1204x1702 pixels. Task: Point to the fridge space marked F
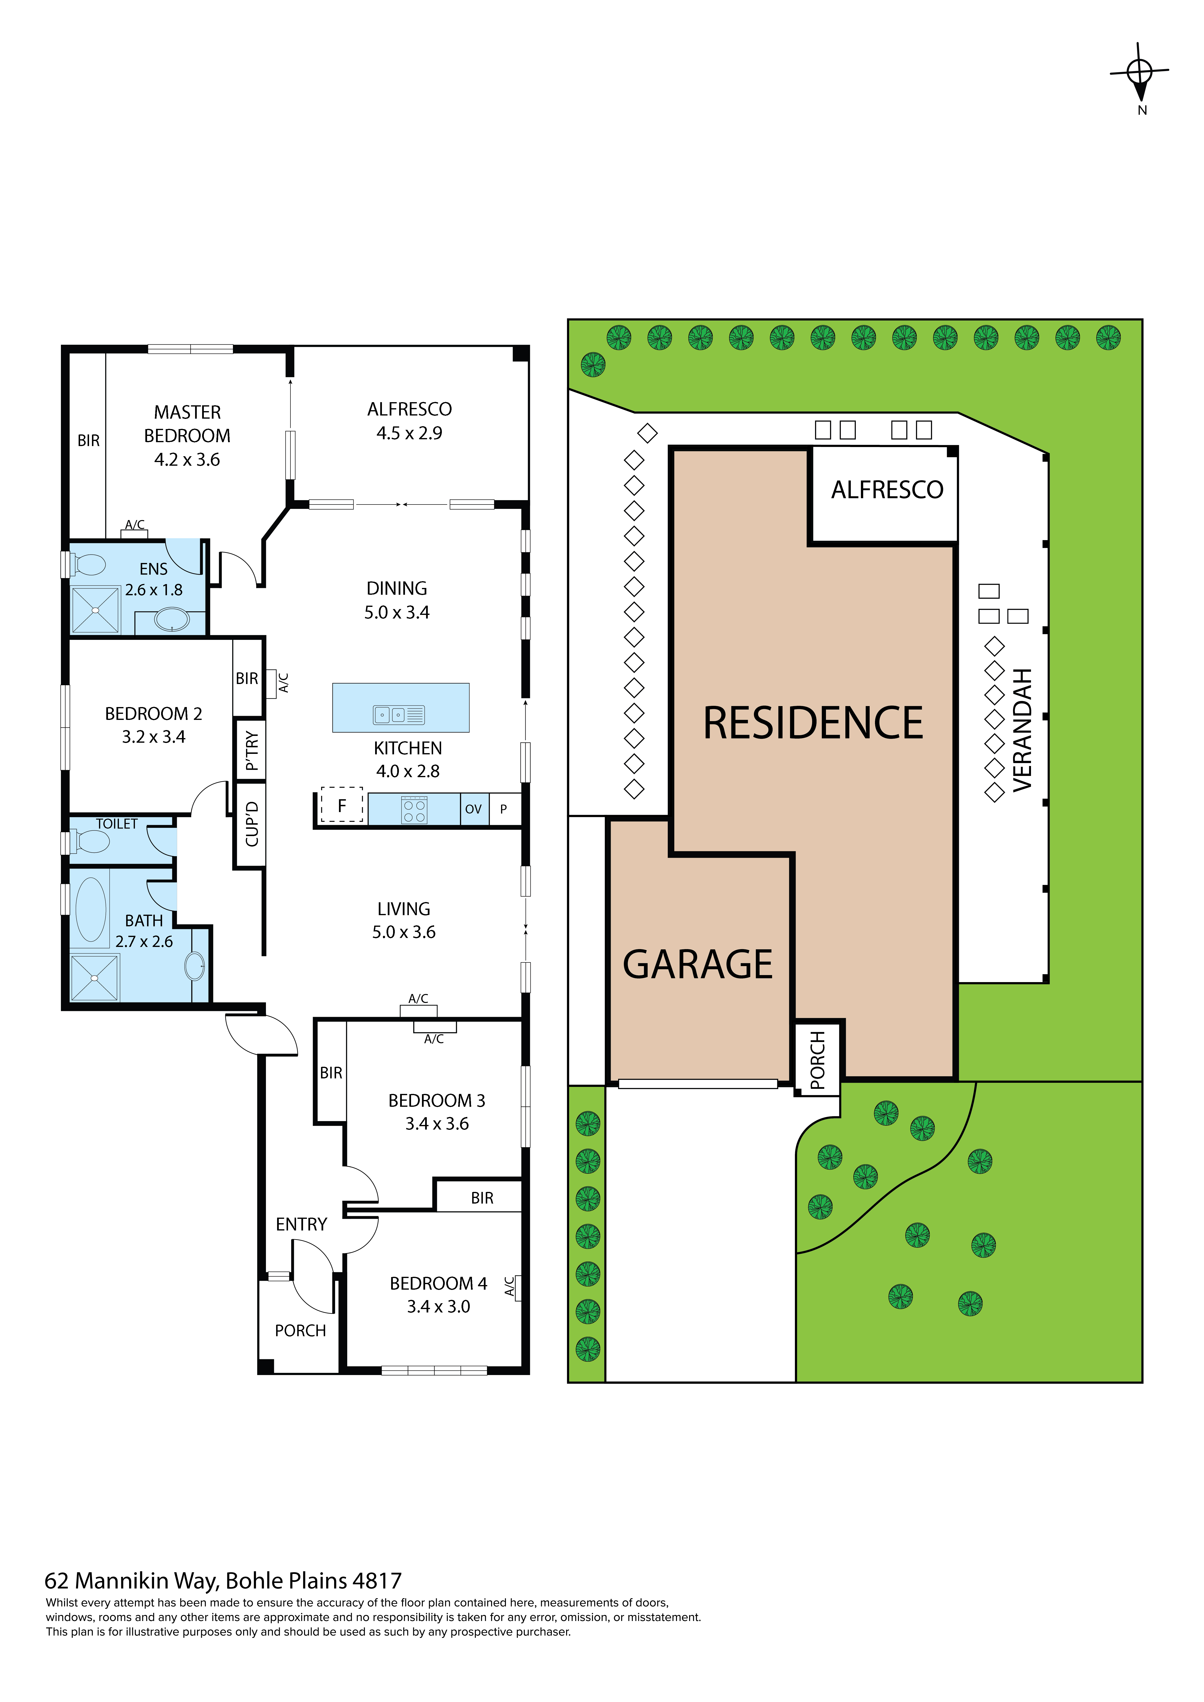pos(342,805)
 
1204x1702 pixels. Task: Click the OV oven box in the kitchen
pos(473,809)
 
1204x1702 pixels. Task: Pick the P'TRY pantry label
pos(251,750)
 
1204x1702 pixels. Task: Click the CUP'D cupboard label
pos(251,823)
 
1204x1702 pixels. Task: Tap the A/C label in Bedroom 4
pos(509,1286)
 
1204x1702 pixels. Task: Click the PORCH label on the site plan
pos(818,1060)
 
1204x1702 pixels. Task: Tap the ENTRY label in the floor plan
pos(301,1225)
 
